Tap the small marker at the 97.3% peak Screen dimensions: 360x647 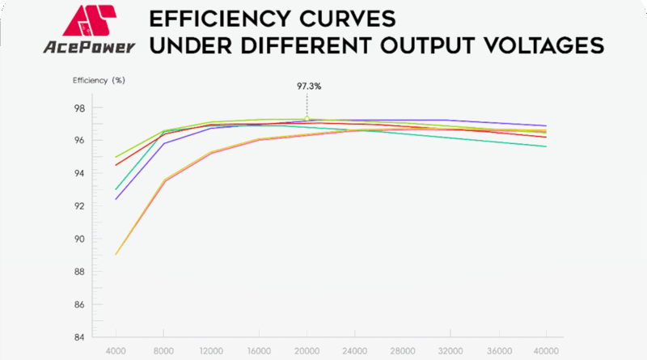click(x=307, y=119)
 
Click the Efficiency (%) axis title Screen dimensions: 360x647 click(x=99, y=81)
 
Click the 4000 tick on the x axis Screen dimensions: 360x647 click(x=116, y=351)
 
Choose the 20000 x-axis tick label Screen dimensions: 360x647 click(x=307, y=351)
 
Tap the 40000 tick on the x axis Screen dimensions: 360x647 click(x=546, y=351)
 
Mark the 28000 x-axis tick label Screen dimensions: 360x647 click(x=402, y=351)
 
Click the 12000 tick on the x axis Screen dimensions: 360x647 click(x=211, y=351)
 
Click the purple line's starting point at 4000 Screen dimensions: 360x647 click(x=116, y=199)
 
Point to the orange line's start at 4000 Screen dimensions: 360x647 click(x=116, y=254)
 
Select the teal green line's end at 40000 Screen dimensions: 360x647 click(x=546, y=146)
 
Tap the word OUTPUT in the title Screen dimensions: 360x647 click(x=412, y=45)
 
